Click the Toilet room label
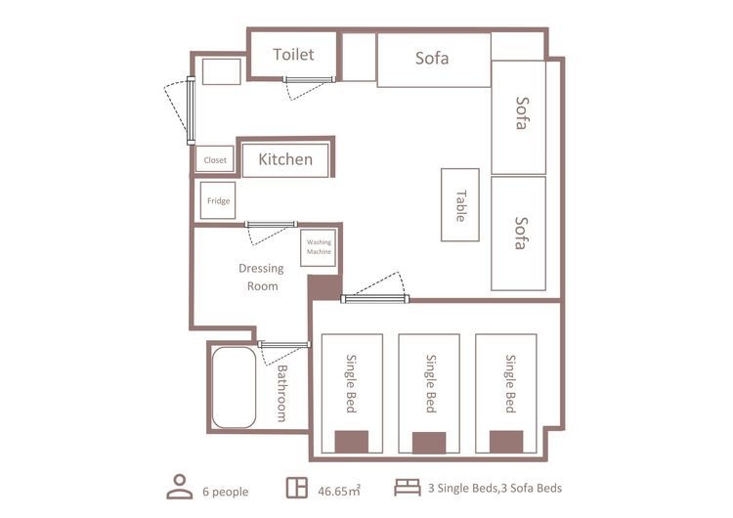pyautogui.click(x=293, y=54)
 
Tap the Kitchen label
pyautogui.click(x=285, y=159)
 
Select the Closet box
pyautogui.click(x=215, y=159)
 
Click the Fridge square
pyautogui.click(x=218, y=200)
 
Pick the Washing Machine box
pyautogui.click(x=319, y=248)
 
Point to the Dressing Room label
pyautogui.click(x=262, y=278)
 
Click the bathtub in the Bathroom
pyautogui.click(x=234, y=387)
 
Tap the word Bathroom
pyautogui.click(x=281, y=394)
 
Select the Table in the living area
pyautogui.click(x=460, y=205)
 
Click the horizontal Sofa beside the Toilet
pyautogui.click(x=434, y=60)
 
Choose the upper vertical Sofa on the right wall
pyautogui.click(x=519, y=117)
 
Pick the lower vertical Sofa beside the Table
pyautogui.click(x=519, y=234)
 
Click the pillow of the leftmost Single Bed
pyautogui.click(x=352, y=443)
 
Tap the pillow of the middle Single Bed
pyautogui.click(x=429, y=443)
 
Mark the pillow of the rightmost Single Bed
pyautogui.click(x=506, y=443)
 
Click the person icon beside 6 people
pyautogui.click(x=180, y=487)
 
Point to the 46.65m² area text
pyautogui.click(x=339, y=491)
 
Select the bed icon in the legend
pyautogui.click(x=408, y=487)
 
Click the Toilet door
pyautogui.click(x=309, y=80)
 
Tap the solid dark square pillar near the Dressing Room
pyautogui.click(x=324, y=287)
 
